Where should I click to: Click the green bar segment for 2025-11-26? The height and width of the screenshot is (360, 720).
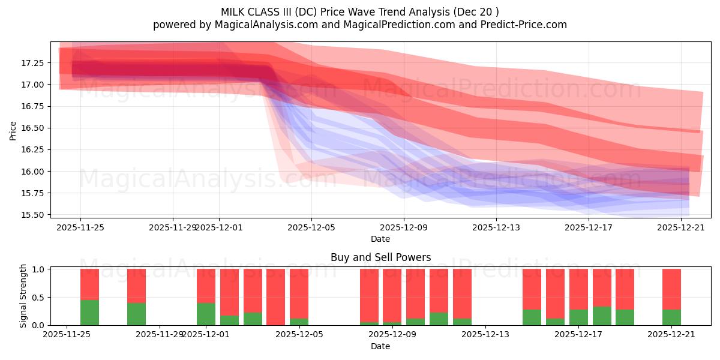pyautogui.click(x=89, y=313)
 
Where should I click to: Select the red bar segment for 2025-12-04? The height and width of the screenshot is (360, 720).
pyautogui.click(x=275, y=296)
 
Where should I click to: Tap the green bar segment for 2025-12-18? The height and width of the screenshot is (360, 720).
pyautogui.click(x=602, y=316)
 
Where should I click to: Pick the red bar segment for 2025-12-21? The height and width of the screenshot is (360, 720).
pyautogui.click(x=671, y=289)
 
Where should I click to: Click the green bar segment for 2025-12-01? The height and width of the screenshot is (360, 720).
pyautogui.click(x=206, y=314)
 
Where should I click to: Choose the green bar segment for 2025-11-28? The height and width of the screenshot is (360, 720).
pyautogui.click(x=136, y=314)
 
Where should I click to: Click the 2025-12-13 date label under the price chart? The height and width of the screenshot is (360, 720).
pyautogui.click(x=496, y=227)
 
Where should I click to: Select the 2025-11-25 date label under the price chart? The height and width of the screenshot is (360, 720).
pyautogui.click(x=80, y=227)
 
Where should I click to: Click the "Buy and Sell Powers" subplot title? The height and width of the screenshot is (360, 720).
pyautogui.click(x=380, y=257)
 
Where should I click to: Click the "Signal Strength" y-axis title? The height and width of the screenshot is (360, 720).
pyautogui.click(x=23, y=296)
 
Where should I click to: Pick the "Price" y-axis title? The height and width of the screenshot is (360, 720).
pyautogui.click(x=13, y=130)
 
